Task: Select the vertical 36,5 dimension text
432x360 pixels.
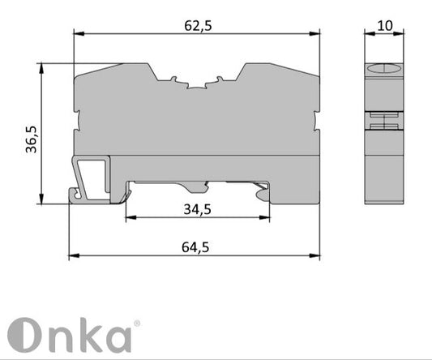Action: [31, 139]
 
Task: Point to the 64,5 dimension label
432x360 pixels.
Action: [194, 247]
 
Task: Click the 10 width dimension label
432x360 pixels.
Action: [385, 25]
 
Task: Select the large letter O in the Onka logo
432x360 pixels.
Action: [25, 334]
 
